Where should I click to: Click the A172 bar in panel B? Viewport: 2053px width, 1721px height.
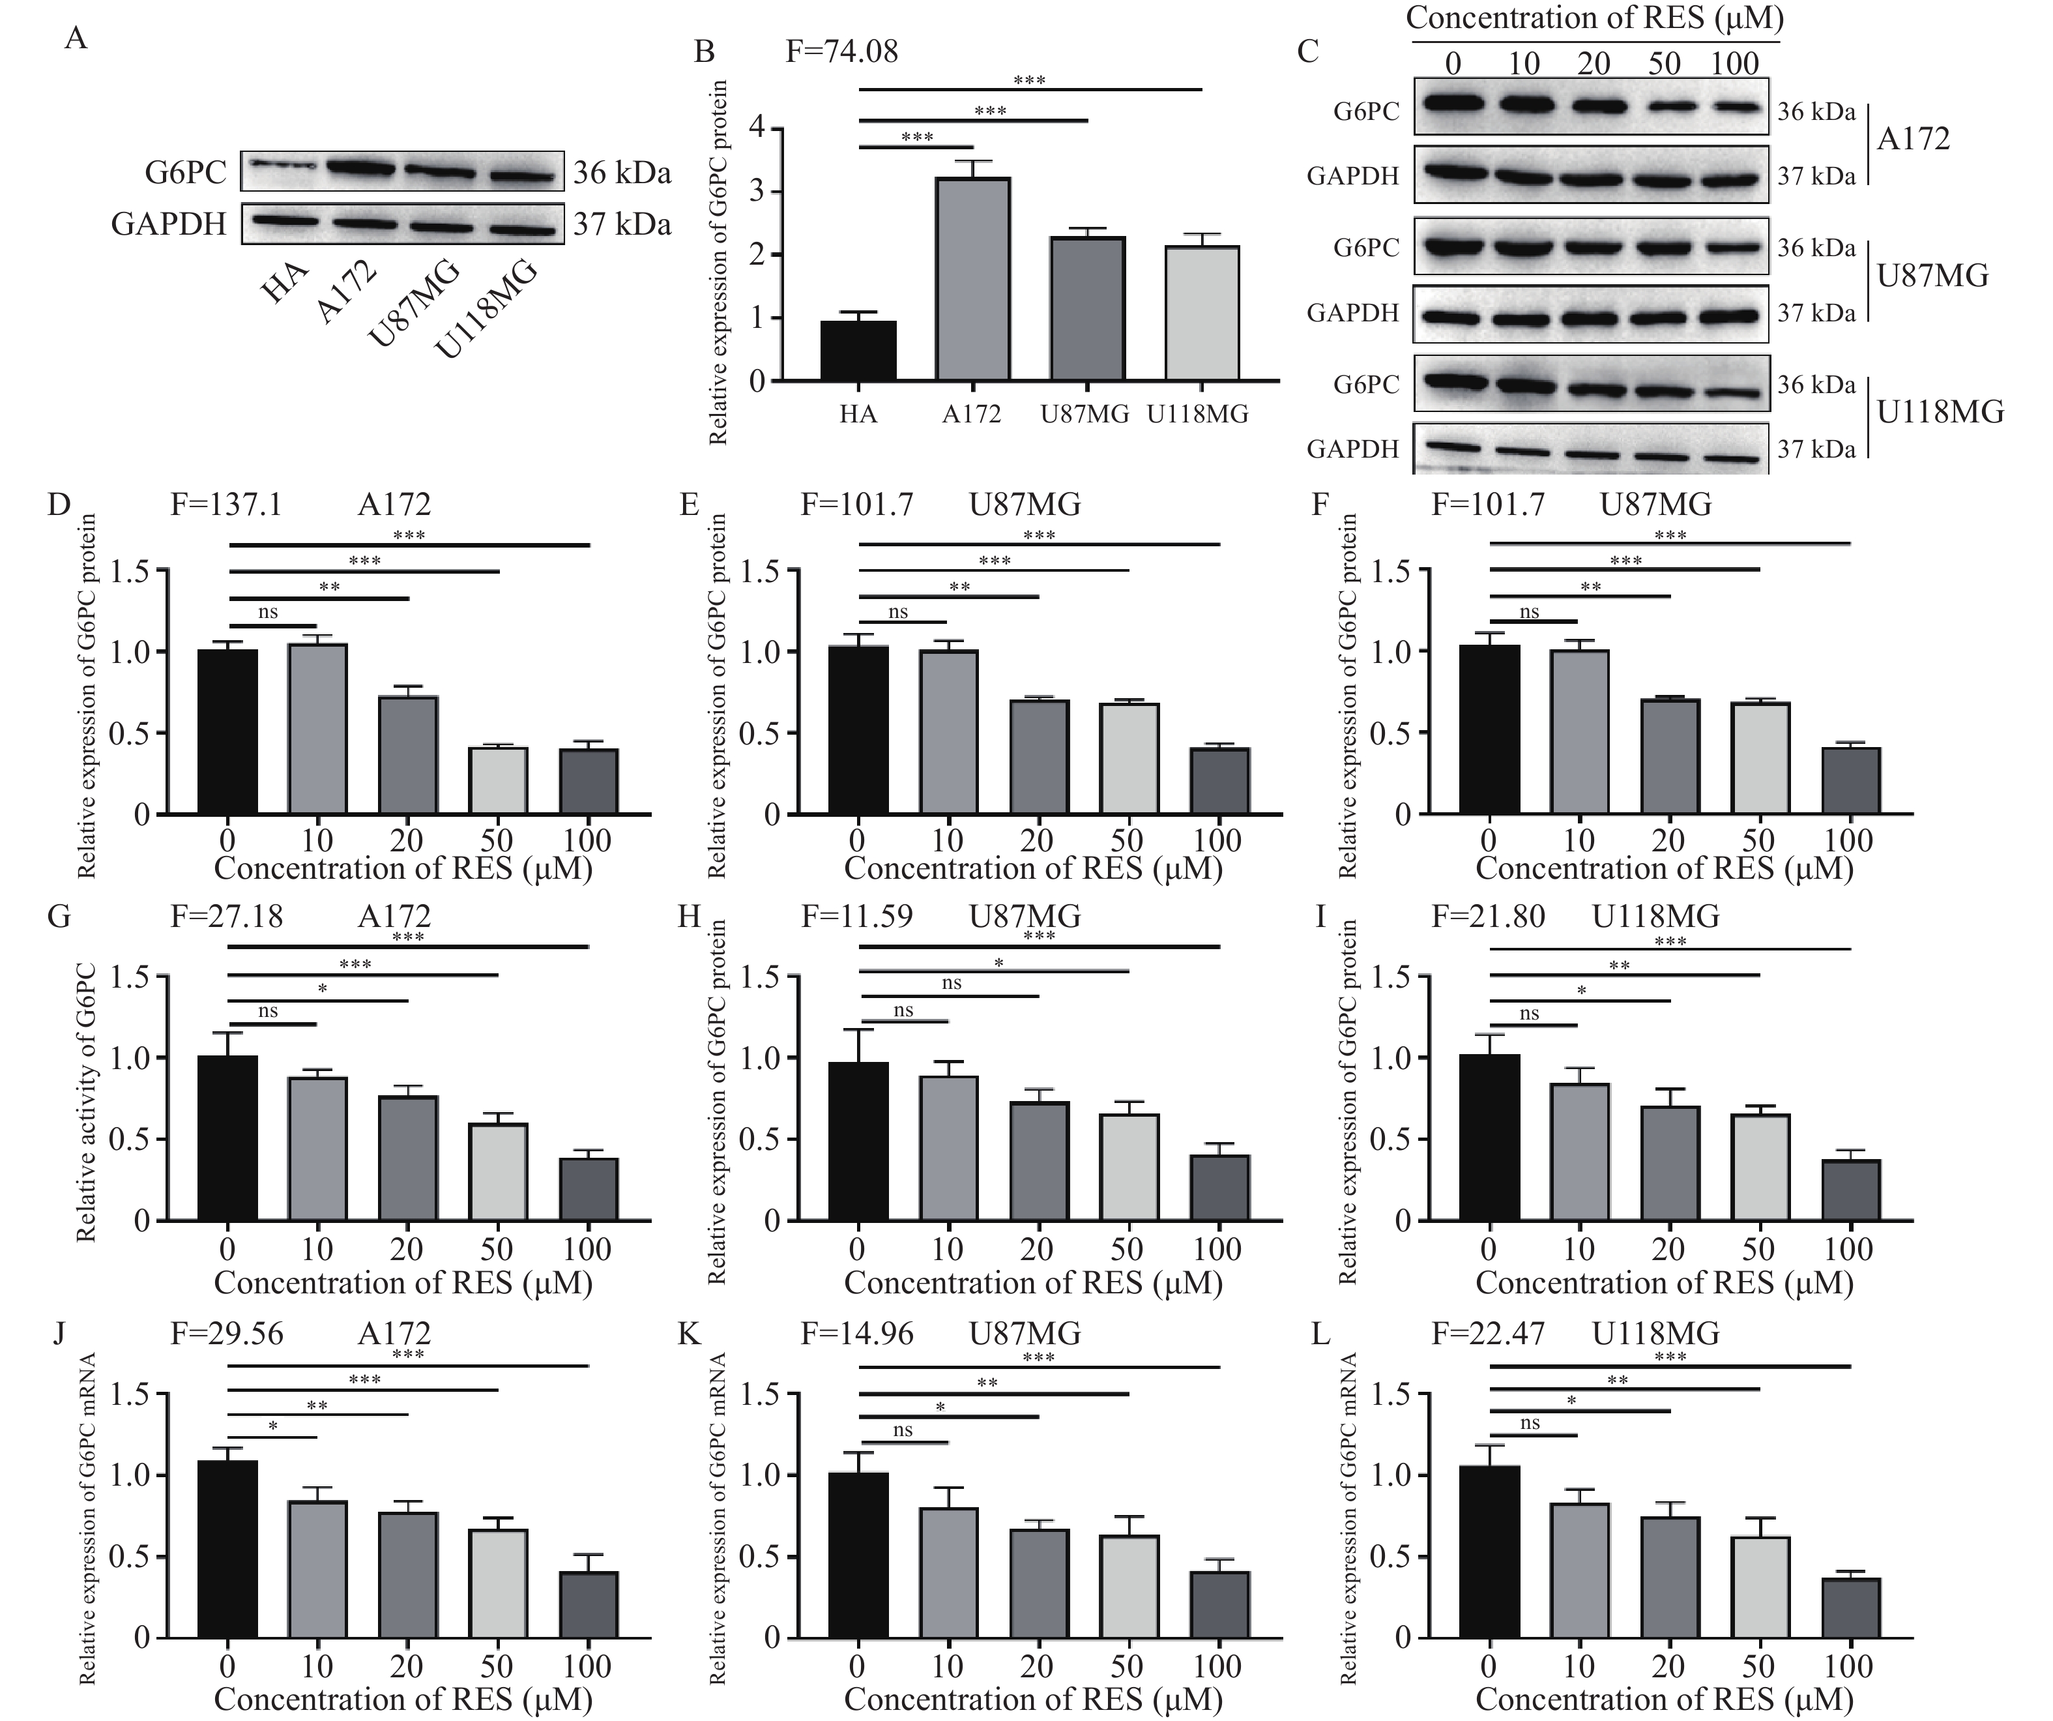[972, 280]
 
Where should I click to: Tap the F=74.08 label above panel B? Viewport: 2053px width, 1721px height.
[842, 51]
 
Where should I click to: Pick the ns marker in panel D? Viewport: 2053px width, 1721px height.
[268, 612]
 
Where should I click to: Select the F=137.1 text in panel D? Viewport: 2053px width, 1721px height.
[226, 505]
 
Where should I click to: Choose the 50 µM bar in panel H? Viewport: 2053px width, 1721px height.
[1129, 1168]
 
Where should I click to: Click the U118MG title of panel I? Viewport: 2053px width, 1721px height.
[1656, 917]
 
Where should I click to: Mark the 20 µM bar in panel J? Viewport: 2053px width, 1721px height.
[408, 1574]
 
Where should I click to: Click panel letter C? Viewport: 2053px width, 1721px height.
[1308, 51]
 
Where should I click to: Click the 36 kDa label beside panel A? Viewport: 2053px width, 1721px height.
[622, 173]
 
